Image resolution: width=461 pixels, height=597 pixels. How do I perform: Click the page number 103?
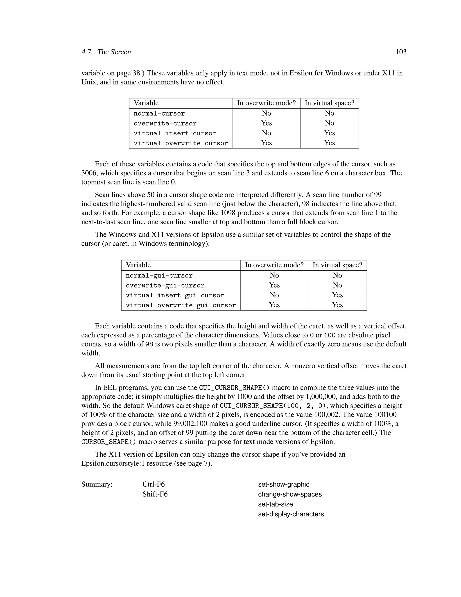tap(401, 52)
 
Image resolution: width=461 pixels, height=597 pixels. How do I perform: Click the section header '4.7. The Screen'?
tap(106, 52)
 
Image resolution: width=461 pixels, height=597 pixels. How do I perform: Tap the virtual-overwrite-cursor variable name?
tap(181, 143)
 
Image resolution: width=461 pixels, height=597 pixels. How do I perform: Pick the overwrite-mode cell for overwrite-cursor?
tap(266, 123)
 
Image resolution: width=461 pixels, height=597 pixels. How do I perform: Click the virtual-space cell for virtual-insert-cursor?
tap(329, 133)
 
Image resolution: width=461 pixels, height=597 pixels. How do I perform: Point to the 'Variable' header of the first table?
tap(146, 103)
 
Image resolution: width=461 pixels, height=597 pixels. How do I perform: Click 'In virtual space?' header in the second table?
tap(337, 265)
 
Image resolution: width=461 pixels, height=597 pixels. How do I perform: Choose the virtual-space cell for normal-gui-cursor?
tap(337, 275)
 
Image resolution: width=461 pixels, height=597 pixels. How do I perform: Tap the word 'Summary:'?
tap(97, 485)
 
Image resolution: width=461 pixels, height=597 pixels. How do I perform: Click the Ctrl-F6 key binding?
tap(154, 485)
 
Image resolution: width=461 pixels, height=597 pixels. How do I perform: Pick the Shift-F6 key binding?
tap(155, 494)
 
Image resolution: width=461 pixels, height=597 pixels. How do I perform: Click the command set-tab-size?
tap(275, 504)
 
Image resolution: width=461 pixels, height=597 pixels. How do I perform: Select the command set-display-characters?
tap(291, 514)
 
